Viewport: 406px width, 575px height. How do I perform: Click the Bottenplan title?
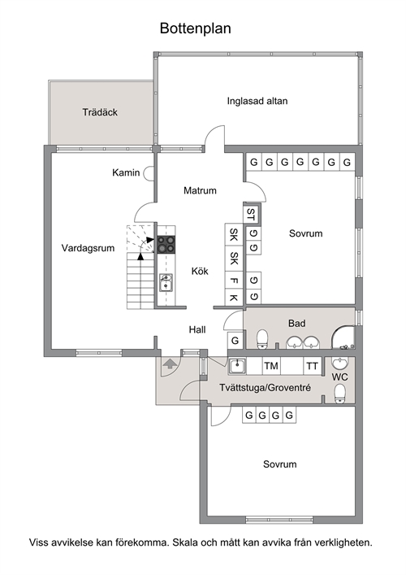195,28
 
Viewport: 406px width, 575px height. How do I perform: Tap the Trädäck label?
100,112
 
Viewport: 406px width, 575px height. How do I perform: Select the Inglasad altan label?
257,101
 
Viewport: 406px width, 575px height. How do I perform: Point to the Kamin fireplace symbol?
149,173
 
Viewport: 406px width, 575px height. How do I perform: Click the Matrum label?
200,190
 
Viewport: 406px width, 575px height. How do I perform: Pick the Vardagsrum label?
88,248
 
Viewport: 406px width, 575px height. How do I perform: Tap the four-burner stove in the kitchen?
166,245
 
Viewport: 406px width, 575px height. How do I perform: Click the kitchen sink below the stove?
166,283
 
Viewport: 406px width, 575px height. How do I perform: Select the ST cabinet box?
251,213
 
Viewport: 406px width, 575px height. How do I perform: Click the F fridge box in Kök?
234,281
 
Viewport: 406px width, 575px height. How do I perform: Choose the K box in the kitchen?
234,298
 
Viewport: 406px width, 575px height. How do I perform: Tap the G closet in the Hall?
235,341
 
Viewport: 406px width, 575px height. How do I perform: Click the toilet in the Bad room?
262,340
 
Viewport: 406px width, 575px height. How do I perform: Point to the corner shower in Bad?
343,337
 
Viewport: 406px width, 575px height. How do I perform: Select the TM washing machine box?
271,366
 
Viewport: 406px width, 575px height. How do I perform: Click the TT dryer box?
313,366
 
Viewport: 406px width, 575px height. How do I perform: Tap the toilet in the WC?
340,394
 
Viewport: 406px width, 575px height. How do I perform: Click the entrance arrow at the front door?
170,364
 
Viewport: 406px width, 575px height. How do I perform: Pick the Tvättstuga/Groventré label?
265,388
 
